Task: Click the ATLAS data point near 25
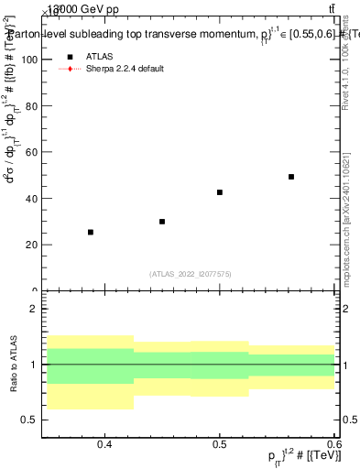[91, 232]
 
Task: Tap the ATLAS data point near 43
[220, 192]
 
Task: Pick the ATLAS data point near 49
[291, 177]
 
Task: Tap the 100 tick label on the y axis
[27, 60]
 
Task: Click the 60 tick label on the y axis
[30, 152]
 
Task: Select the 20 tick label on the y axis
[30, 245]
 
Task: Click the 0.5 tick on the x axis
[220, 444]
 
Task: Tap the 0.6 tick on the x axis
[333, 444]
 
